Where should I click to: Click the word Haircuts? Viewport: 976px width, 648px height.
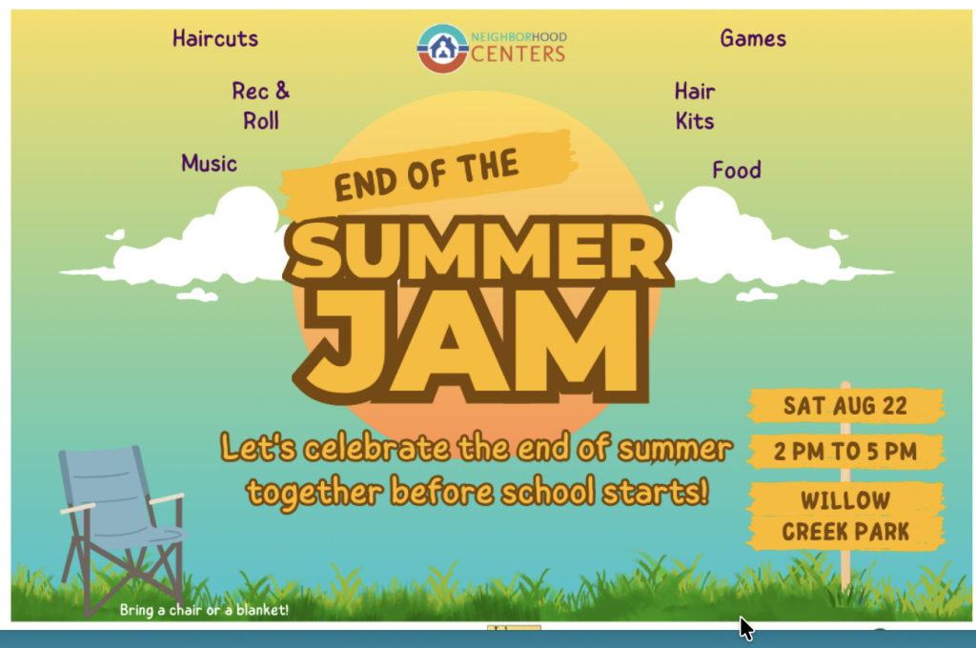215,38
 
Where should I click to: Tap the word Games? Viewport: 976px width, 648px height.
753,38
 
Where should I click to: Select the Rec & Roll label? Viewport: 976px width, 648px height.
261,106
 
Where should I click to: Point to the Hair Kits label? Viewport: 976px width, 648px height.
695,106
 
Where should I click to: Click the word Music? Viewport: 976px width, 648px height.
209,163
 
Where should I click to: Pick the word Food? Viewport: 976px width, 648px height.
737,170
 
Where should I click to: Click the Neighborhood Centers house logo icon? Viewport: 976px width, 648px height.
442,49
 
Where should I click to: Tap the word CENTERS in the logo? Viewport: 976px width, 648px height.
518,54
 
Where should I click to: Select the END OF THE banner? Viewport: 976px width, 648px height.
428,172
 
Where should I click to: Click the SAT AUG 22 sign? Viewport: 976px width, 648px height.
845,406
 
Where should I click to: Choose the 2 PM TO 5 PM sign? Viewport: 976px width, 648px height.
845,452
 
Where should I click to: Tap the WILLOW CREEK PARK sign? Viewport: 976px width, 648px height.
845,516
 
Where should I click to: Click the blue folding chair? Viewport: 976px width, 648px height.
121,529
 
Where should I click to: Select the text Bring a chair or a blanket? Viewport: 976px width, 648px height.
204,610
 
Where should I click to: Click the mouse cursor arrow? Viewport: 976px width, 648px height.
745,628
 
